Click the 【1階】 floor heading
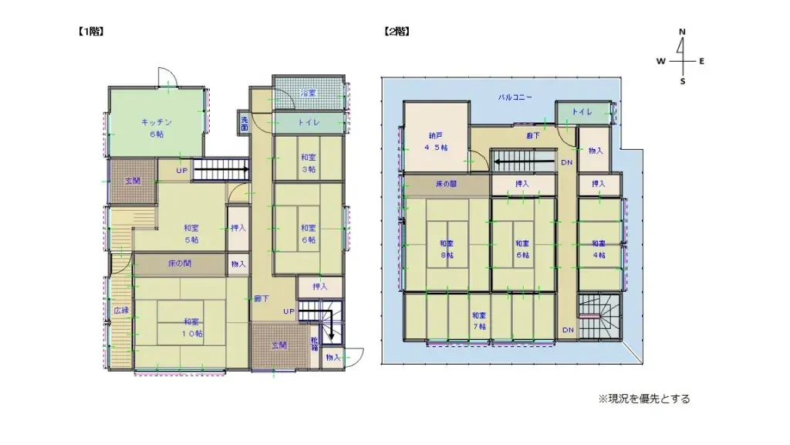[90, 32]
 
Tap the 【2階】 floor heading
[396, 32]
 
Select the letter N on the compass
[682, 32]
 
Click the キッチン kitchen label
[157, 127]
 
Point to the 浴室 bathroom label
[308, 93]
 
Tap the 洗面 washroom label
[244, 121]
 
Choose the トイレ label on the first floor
[309, 122]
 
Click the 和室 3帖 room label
[309, 163]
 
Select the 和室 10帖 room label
[193, 328]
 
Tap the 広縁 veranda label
[120, 311]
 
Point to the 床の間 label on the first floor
[180, 263]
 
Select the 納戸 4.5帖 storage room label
[436, 141]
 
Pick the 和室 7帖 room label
[479, 321]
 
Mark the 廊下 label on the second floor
[533, 135]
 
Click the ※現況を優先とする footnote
[644, 399]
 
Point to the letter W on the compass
[661, 60]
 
